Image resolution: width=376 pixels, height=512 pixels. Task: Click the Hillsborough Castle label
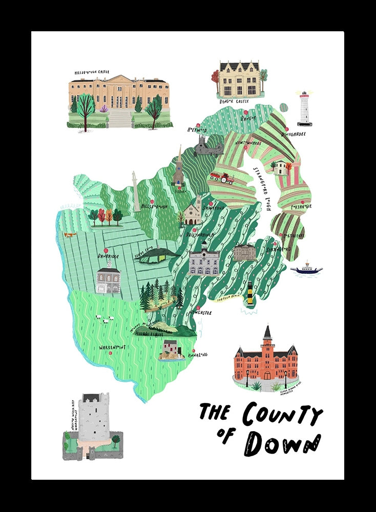pyautogui.click(x=92, y=73)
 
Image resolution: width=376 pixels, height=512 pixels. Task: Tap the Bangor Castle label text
pyautogui.click(x=234, y=101)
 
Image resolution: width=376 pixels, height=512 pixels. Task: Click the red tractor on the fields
pyautogui.click(x=222, y=178)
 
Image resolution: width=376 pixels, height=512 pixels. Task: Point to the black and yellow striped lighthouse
pyautogui.click(x=250, y=293)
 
